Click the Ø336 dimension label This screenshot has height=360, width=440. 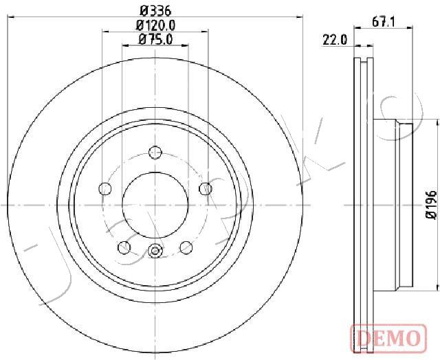(155, 11)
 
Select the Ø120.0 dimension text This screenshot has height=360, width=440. (155, 25)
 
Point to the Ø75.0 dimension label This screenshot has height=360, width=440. (155, 40)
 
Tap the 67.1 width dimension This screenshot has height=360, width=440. (384, 22)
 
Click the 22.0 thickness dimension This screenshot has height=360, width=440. (335, 40)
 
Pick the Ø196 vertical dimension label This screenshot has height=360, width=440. (431, 205)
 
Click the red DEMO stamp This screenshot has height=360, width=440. (388, 338)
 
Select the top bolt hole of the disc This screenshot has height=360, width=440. (155, 153)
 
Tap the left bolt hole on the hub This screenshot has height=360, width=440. (105, 188)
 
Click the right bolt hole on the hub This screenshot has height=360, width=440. (206, 188)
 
